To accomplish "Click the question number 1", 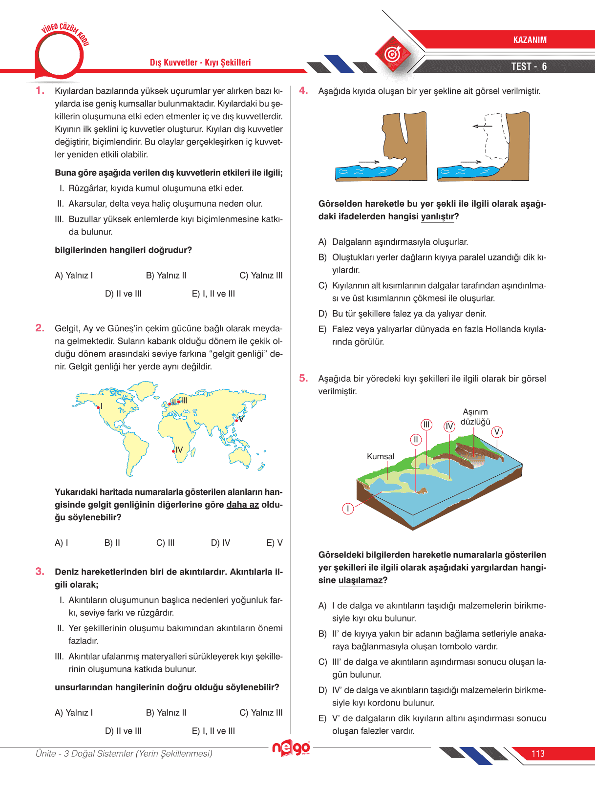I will tap(40, 90).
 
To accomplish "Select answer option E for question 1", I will tap(213, 294).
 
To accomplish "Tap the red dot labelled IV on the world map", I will tap(173, 451).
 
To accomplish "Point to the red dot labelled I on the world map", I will tap(98, 407).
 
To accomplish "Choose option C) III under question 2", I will tap(165, 543).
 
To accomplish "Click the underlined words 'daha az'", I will tap(242, 505).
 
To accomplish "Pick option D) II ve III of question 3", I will tap(123, 731).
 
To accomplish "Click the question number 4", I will tap(303, 90).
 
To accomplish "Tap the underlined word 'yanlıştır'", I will tap(437, 216).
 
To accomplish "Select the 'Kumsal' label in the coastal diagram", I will tap(381, 456).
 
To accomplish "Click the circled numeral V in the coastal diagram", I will tap(497, 432).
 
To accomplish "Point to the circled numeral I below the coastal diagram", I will tap(348, 509).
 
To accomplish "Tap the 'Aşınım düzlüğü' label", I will tap(475, 417).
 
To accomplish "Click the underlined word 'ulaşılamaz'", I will tap(360, 580).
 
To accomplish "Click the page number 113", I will tap(538, 754).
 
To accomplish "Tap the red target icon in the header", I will tap(393, 54).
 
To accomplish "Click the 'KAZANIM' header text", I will tap(530, 40).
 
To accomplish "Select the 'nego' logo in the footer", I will tap(291, 748).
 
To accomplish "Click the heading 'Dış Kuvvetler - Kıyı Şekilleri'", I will tap(200, 63).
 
